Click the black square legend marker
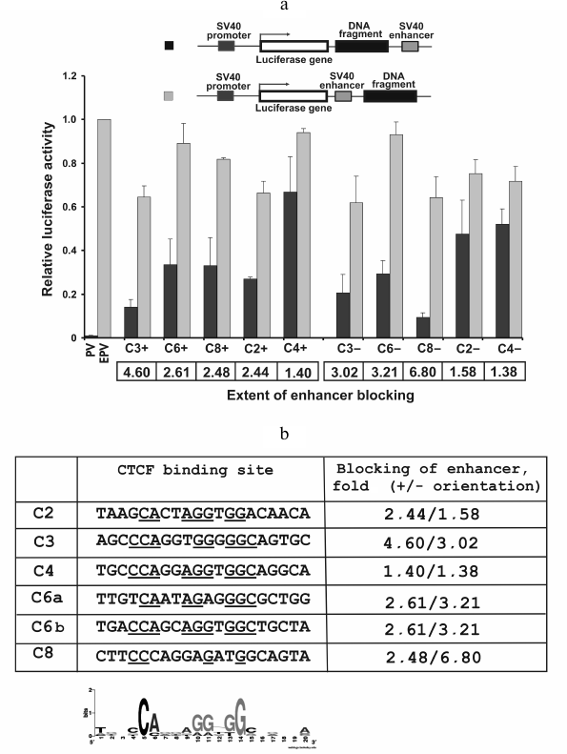pos(169,45)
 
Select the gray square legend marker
pos(169,96)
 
